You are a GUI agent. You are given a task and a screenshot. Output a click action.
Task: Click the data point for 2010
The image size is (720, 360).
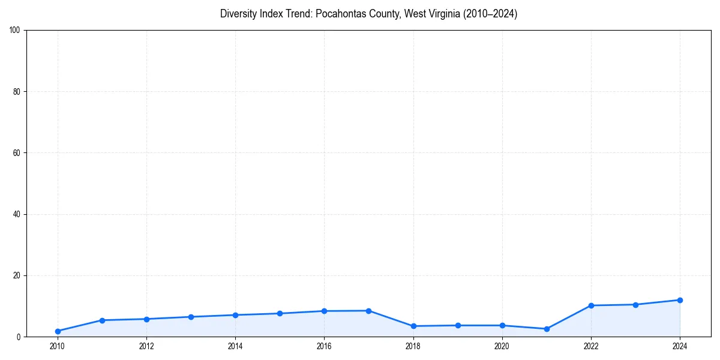click(58, 331)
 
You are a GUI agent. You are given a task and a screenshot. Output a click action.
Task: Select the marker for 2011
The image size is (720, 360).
click(102, 320)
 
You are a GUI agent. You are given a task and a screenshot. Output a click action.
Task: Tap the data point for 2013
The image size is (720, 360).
click(191, 317)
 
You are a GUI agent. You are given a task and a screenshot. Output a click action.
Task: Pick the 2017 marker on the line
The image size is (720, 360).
click(368, 311)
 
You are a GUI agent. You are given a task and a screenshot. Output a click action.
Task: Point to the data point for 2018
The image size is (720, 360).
click(413, 326)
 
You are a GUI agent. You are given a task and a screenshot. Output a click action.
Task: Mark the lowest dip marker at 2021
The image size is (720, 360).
click(547, 329)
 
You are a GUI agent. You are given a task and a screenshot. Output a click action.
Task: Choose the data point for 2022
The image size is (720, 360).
click(591, 305)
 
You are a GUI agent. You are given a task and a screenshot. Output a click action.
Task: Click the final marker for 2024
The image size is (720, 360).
click(680, 300)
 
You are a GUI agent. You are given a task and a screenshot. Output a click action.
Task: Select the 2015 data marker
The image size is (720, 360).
click(280, 313)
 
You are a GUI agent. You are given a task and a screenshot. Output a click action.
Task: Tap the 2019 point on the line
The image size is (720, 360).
click(458, 325)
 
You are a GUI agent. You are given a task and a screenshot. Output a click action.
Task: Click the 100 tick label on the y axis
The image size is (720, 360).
click(15, 30)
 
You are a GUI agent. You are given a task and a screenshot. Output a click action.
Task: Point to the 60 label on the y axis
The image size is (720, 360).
click(17, 153)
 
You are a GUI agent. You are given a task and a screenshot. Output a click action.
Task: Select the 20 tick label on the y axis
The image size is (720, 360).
click(17, 275)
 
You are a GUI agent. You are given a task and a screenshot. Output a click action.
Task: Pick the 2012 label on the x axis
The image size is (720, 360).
click(146, 346)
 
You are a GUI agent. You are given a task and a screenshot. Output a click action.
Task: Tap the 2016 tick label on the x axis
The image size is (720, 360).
click(324, 346)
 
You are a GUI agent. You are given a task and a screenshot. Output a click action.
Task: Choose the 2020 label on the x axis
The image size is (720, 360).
click(502, 346)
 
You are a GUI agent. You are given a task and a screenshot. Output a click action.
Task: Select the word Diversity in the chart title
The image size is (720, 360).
click(239, 14)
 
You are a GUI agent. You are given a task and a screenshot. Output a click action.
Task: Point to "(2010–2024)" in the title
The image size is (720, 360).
click(488, 14)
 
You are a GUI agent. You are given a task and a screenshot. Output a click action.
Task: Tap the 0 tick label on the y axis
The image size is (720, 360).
click(19, 337)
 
